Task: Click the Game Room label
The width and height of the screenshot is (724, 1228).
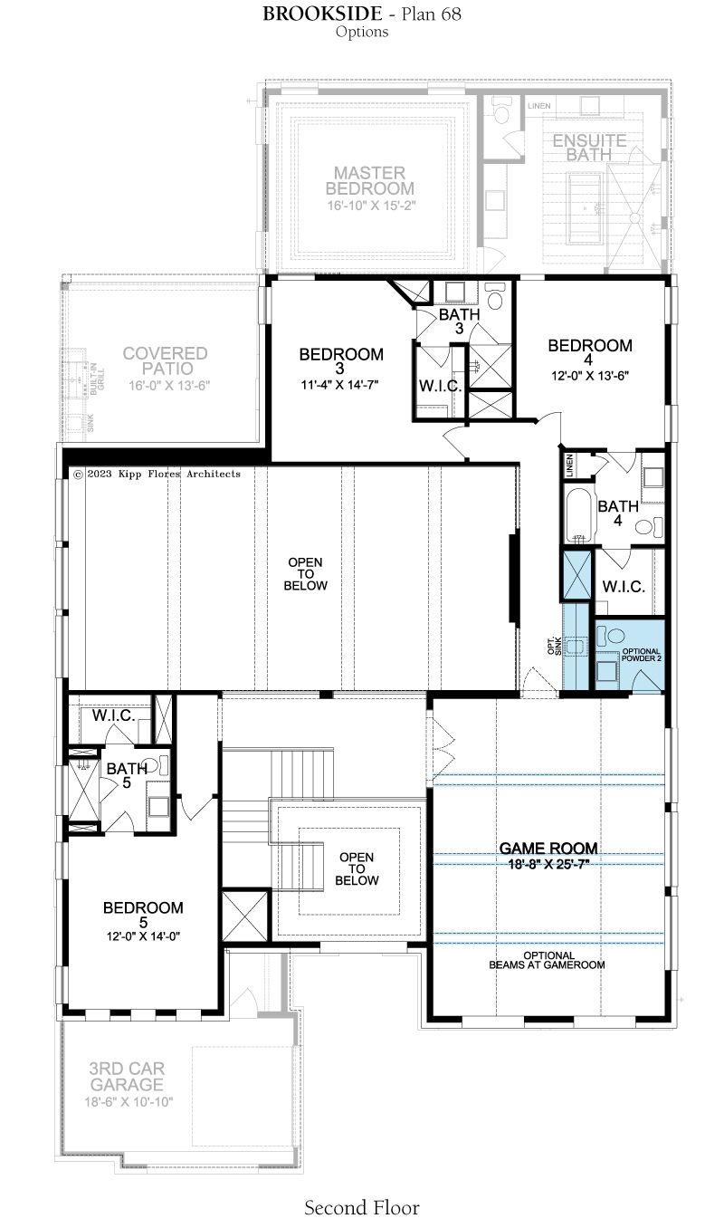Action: [548, 848]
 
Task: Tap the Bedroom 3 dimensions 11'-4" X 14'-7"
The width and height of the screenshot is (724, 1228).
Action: [339, 385]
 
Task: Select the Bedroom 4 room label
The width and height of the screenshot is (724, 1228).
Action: [590, 352]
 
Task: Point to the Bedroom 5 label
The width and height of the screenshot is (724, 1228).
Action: [143, 915]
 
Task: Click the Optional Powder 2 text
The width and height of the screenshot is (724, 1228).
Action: [641, 655]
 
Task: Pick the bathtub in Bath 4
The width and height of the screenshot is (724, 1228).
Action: [578, 516]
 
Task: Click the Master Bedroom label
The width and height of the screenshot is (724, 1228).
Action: [369, 181]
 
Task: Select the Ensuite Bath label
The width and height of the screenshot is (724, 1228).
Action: [589, 148]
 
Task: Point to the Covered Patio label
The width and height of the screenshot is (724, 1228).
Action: [165, 360]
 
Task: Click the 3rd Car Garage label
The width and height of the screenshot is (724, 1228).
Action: [127, 1076]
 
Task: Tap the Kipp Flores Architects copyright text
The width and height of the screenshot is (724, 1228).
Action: [157, 474]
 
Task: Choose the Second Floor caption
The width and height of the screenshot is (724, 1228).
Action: [361, 1208]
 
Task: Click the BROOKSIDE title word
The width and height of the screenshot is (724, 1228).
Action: [322, 14]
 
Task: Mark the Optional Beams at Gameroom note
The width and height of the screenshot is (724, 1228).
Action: [548, 960]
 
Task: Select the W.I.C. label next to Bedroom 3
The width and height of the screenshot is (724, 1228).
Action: [440, 386]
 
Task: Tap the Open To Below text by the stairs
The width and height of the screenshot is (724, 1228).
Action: [357, 868]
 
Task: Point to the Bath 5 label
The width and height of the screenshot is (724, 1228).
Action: [127, 775]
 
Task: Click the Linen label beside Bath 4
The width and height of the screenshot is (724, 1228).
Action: [569, 465]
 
